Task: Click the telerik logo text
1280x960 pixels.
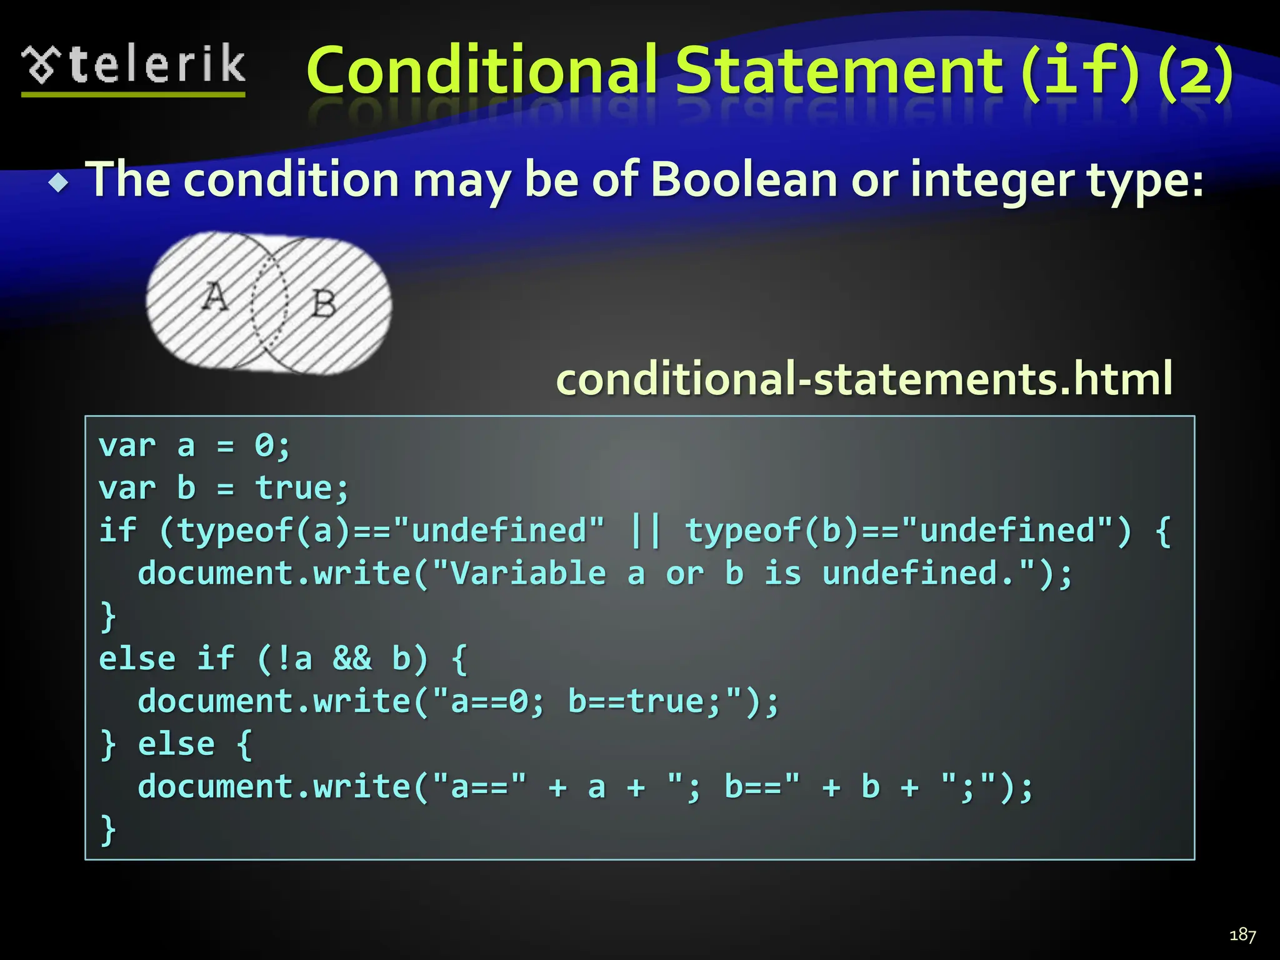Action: tap(156, 65)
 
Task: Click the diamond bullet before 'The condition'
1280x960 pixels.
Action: tap(59, 183)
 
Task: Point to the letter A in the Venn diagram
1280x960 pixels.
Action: tap(215, 296)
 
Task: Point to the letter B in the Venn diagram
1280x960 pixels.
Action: tap(323, 304)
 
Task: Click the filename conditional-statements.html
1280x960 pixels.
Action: tap(864, 379)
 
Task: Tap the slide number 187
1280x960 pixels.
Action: tap(1242, 935)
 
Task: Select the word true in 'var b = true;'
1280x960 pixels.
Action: tap(294, 488)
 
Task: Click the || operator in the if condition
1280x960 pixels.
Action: tap(644, 531)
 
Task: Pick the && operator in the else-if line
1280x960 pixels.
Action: tap(352, 659)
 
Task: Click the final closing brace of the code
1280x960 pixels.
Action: tap(108, 829)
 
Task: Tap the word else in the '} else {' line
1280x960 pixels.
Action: tap(176, 744)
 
